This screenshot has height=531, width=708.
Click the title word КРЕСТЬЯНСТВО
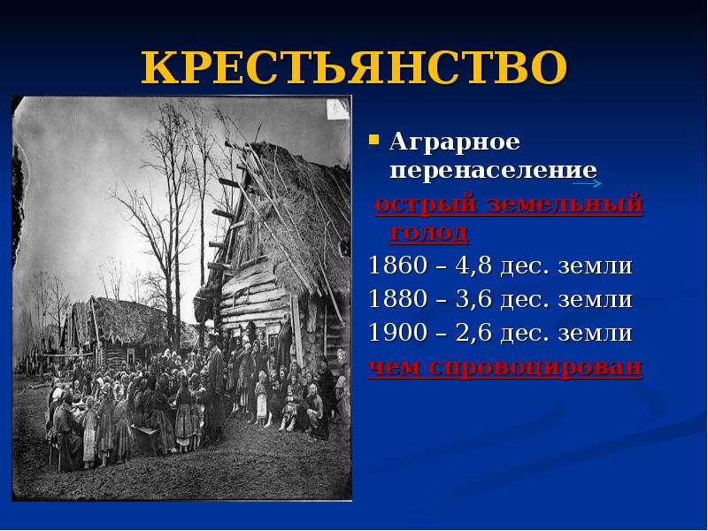click(x=353, y=67)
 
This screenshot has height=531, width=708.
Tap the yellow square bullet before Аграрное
click(x=374, y=140)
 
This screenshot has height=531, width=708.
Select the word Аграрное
click(x=443, y=142)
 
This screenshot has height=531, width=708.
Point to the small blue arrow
click(x=587, y=183)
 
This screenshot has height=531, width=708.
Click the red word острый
click(x=421, y=206)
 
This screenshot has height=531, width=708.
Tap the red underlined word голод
click(x=427, y=233)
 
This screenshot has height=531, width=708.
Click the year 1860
click(x=397, y=266)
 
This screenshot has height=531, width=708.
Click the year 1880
click(x=397, y=300)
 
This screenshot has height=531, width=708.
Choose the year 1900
click(x=397, y=334)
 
